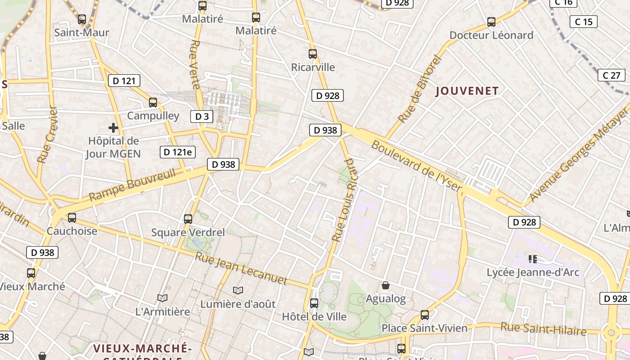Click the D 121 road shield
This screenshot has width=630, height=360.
coord(124,81)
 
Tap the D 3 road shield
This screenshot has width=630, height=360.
coord(202,117)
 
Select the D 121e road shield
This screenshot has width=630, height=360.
coord(178,152)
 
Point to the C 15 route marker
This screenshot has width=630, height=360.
coord(584,22)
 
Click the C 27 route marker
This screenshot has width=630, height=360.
coord(612,75)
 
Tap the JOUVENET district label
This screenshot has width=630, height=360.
coord(468,91)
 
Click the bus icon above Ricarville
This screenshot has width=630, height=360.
coord(313,54)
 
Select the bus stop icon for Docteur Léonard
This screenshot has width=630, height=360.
coord(491,22)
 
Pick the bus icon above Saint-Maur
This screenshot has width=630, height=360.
coord(81,19)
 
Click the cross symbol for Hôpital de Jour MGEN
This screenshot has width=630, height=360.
coord(113,128)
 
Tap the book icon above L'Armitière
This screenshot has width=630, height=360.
coord(162,298)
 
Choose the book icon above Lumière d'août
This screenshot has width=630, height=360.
coord(238,291)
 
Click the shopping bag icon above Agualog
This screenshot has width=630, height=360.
coord(386,285)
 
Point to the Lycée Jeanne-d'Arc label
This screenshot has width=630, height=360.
coord(533,272)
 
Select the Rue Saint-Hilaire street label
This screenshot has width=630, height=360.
coord(544,329)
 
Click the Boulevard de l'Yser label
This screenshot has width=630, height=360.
coord(416,166)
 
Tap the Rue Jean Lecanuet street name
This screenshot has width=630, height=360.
coord(241,269)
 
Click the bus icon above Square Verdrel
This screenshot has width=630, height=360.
coord(188,219)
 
